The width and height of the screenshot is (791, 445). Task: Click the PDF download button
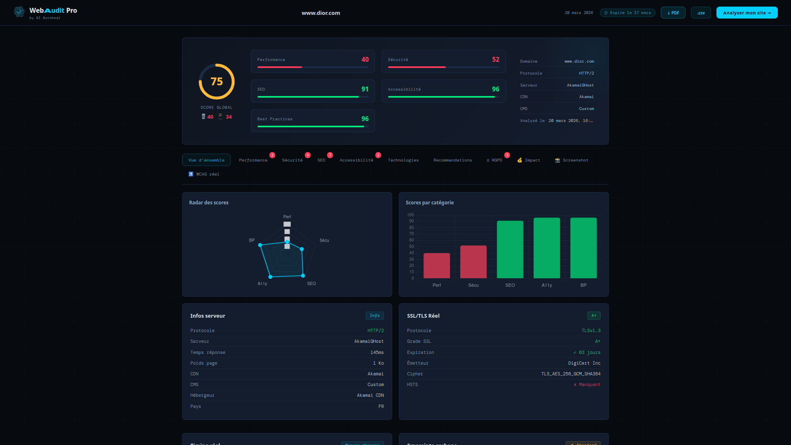tap(673, 13)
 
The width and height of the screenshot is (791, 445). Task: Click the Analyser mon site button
tap(747, 13)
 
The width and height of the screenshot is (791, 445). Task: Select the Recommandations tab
tap(452, 160)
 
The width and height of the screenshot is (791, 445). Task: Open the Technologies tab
tap(403, 160)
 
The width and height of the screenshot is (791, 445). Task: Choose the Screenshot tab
tap(571, 160)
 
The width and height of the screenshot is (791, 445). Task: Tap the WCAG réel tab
tap(204, 174)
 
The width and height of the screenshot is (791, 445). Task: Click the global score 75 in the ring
tap(217, 82)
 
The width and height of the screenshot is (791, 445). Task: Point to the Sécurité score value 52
tap(496, 60)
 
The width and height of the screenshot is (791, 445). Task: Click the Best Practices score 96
tap(365, 119)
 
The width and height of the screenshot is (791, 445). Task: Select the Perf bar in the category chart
tap(437, 266)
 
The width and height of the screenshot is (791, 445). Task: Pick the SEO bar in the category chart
tap(510, 250)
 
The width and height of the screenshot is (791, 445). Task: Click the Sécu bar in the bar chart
tap(473, 262)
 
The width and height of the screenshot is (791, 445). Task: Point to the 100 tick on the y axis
tap(410, 215)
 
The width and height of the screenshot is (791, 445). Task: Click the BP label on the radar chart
tap(252, 240)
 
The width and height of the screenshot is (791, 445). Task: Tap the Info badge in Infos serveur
tap(374, 316)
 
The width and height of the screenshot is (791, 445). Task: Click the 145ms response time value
tap(377, 353)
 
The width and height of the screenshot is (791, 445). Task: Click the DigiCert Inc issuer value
tap(584, 363)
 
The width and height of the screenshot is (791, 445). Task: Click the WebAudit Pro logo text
tap(53, 11)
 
